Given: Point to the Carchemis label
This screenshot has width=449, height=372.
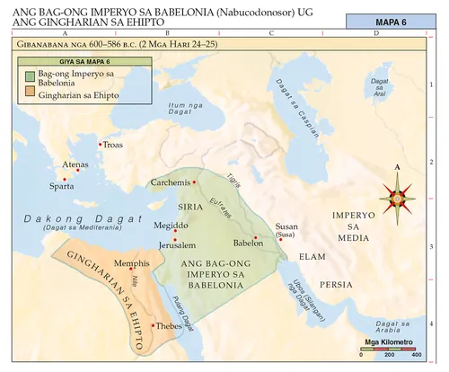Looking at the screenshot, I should click(x=170, y=182).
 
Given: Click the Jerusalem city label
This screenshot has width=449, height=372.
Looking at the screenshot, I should click(x=177, y=244).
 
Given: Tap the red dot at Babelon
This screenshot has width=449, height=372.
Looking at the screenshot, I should click(x=256, y=238).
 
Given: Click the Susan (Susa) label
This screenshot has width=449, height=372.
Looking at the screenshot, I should click(x=286, y=230).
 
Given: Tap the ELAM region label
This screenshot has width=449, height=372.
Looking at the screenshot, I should click(x=311, y=256).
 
